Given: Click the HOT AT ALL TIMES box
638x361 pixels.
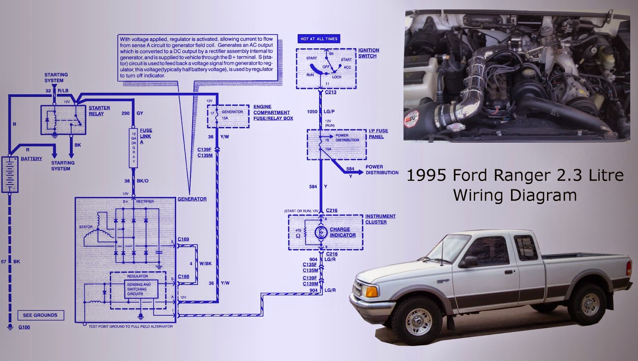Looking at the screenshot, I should click(x=319, y=39).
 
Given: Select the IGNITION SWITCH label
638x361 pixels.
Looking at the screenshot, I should click(x=368, y=53).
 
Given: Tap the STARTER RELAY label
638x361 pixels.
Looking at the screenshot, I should click(x=99, y=111).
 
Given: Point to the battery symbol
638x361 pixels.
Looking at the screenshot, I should click(x=10, y=174).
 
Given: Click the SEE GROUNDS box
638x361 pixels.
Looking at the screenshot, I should click(x=40, y=315).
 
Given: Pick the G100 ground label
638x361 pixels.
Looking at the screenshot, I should click(x=24, y=327).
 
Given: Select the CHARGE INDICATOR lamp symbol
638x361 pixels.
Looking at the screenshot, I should click(x=321, y=233).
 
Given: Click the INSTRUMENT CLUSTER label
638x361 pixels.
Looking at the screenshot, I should click(x=380, y=219).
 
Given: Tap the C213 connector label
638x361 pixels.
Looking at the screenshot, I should click(x=331, y=92).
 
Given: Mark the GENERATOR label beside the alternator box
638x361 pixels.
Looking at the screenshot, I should click(x=192, y=199).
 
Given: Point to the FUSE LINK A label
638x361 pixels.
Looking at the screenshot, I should click(x=146, y=136).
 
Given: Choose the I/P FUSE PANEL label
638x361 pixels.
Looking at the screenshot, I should click(x=378, y=134).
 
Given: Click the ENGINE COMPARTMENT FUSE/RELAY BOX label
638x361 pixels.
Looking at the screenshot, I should click(x=273, y=112).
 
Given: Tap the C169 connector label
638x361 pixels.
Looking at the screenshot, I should click(x=183, y=239).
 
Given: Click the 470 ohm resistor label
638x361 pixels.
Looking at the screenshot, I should click(x=298, y=233).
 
